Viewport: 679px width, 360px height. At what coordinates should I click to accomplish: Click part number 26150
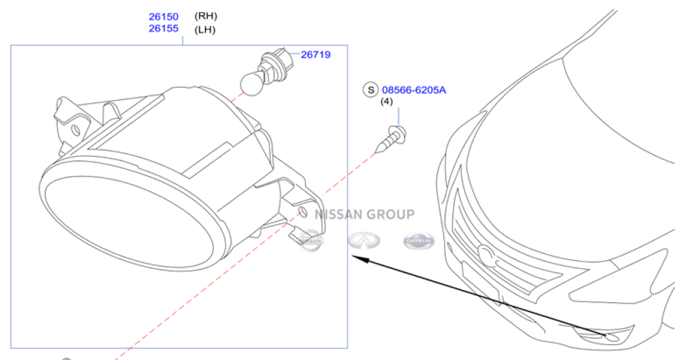click(x=163, y=16)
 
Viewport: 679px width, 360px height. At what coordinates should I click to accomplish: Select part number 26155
click(x=163, y=28)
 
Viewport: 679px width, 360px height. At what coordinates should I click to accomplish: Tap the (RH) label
click(x=206, y=16)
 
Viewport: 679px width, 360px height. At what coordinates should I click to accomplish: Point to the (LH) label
click(x=205, y=29)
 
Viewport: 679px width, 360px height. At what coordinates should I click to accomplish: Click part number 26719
click(x=316, y=54)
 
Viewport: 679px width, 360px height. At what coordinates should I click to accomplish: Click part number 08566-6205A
click(x=414, y=90)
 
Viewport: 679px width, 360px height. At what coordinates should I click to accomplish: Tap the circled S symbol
click(x=371, y=90)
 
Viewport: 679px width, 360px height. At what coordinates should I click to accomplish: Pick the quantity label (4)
click(x=386, y=101)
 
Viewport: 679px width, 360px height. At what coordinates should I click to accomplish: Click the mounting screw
click(x=391, y=139)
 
